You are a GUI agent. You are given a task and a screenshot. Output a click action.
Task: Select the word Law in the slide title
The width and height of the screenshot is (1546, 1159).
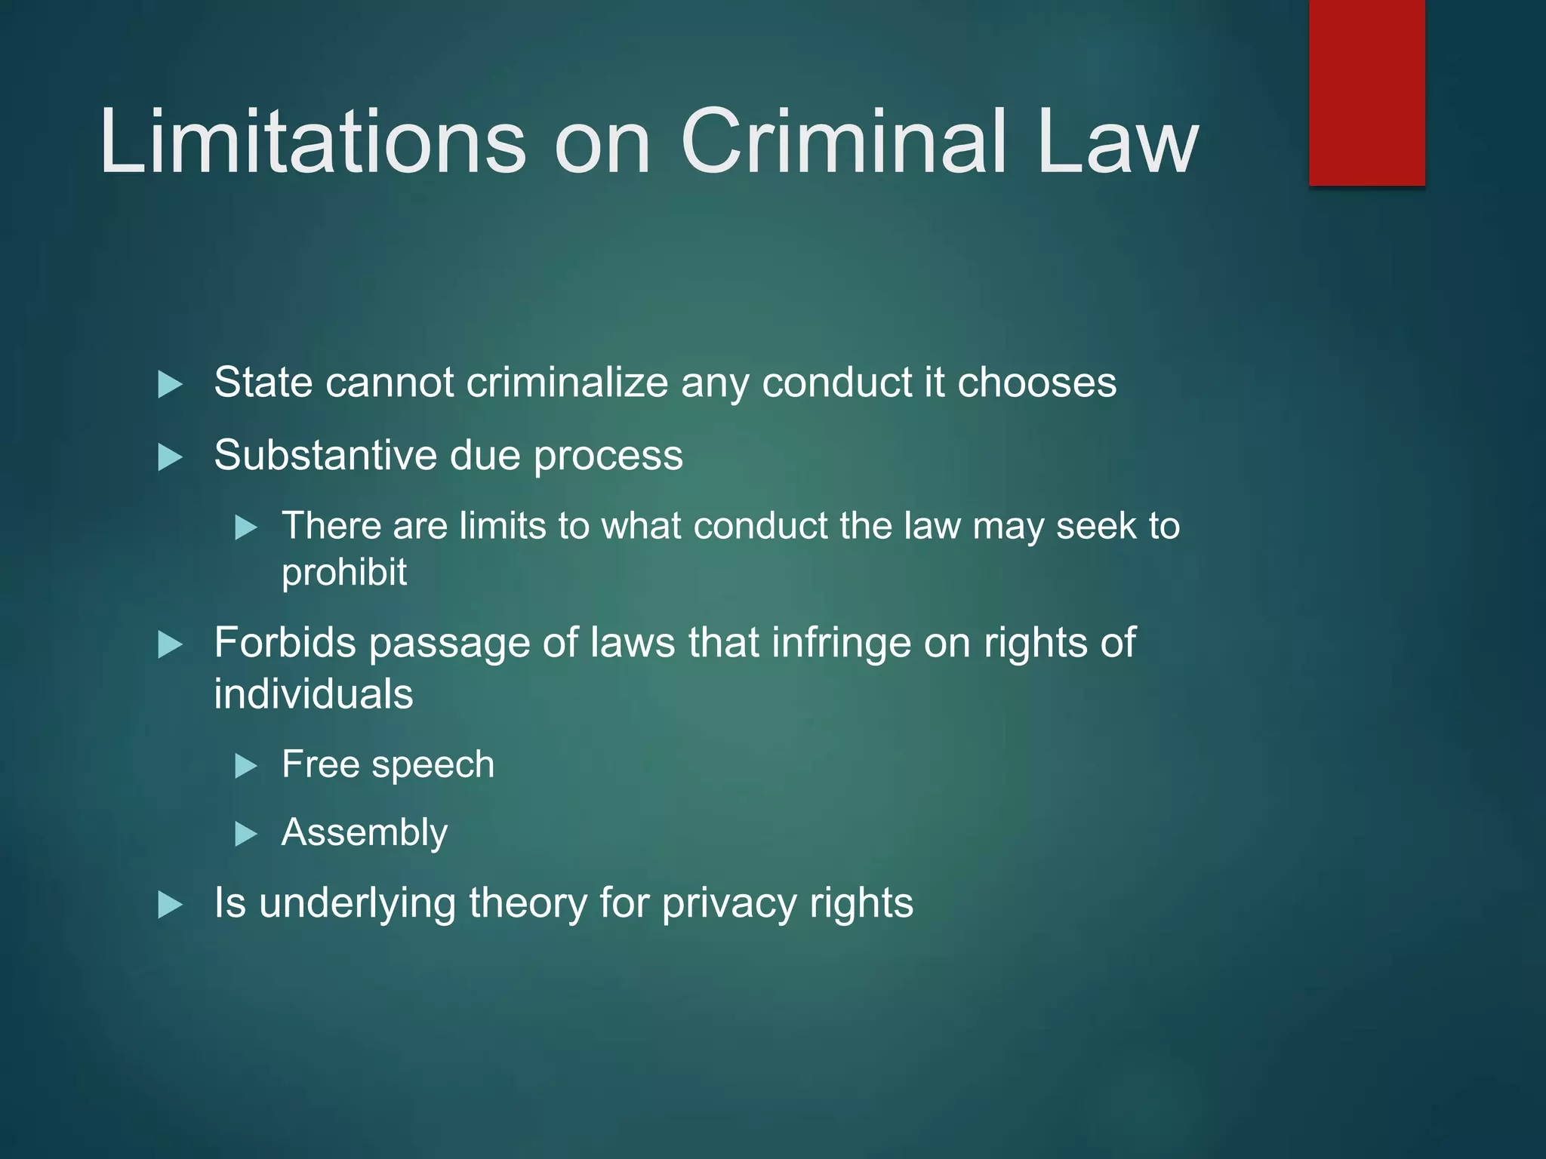(x=1116, y=142)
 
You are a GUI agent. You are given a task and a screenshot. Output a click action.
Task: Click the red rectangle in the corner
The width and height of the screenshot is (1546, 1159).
(x=1366, y=92)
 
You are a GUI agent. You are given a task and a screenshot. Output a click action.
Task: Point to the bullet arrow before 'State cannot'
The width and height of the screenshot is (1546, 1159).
(x=171, y=384)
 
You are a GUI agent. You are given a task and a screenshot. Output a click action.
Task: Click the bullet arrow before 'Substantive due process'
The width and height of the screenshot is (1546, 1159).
(x=171, y=457)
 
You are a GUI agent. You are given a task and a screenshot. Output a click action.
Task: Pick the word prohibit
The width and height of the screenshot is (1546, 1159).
(x=344, y=573)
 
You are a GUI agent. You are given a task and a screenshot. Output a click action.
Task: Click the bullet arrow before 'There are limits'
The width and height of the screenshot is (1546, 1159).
(x=246, y=527)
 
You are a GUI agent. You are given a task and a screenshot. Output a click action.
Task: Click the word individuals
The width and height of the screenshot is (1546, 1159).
(x=313, y=694)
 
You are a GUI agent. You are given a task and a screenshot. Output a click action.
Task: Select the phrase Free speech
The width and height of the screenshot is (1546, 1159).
(x=388, y=764)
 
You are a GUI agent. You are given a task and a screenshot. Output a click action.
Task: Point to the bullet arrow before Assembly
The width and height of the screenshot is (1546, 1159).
(x=246, y=835)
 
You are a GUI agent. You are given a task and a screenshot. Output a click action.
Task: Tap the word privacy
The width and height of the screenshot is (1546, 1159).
(x=728, y=904)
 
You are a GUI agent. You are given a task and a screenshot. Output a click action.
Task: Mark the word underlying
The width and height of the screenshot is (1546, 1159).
(x=357, y=904)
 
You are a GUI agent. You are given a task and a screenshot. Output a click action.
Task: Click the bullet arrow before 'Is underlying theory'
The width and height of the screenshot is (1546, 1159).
(x=171, y=905)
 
